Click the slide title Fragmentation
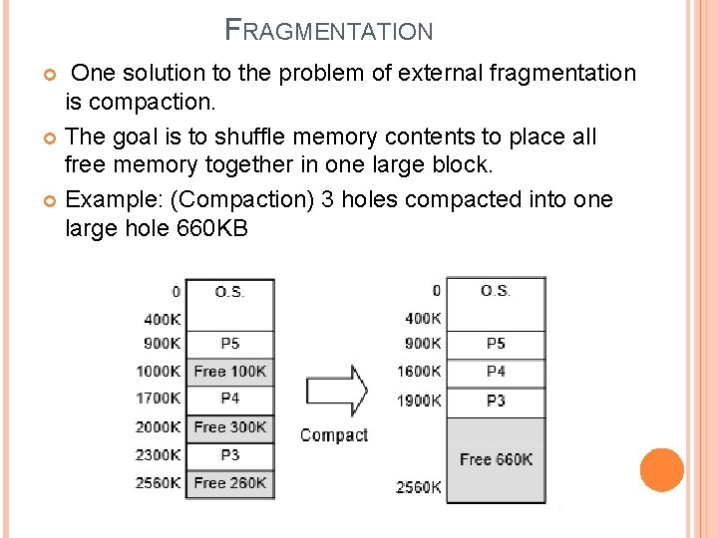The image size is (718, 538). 329,30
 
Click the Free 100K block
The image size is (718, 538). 230,372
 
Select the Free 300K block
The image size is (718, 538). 230,427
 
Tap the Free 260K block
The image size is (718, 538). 230,483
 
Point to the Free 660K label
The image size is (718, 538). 496,459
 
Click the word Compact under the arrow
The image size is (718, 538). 334,435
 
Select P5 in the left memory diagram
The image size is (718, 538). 230,344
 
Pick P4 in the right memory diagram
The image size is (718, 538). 496,371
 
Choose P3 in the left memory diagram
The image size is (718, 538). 230,455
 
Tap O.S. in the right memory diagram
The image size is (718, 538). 496,291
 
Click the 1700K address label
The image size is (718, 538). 160,399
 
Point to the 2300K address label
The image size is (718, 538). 160,455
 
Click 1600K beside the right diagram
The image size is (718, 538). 419,372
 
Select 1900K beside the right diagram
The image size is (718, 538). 419,401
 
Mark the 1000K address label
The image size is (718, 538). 160,372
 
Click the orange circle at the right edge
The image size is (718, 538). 662,470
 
